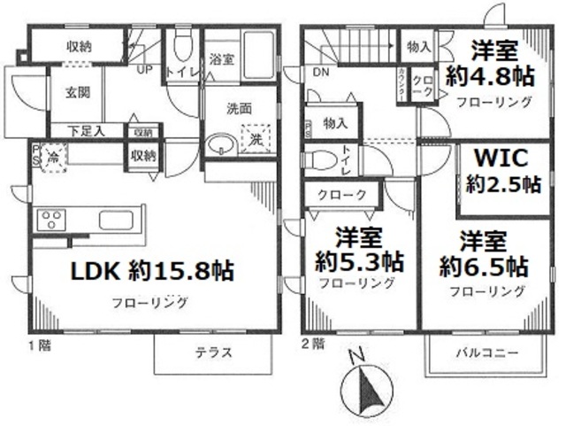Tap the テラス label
[x=213, y=352]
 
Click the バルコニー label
[x=487, y=352]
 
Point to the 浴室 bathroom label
[x=220, y=60]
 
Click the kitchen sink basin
[x=115, y=220]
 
